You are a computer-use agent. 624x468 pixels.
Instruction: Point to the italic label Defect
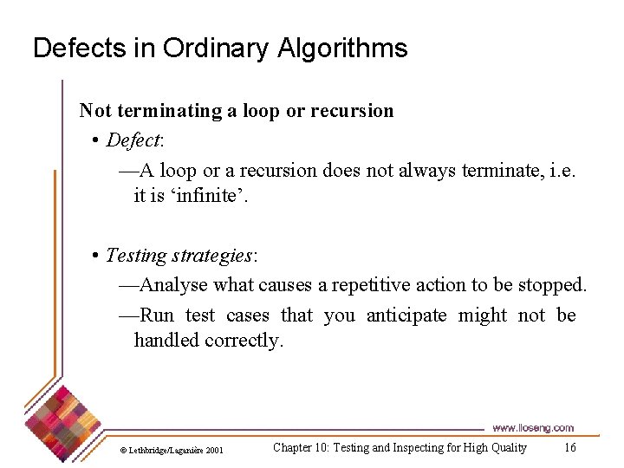(133, 140)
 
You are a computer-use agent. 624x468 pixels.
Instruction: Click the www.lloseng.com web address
(533, 428)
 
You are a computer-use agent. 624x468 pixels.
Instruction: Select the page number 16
(569, 448)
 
